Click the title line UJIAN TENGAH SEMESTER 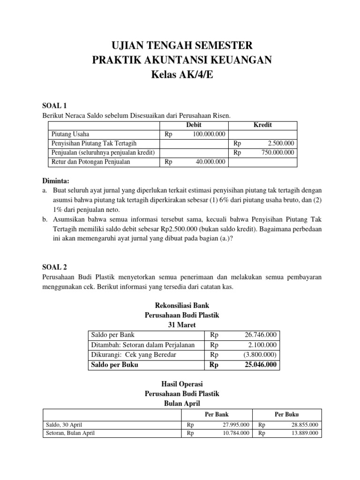tap(180, 45)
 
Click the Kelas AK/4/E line tap(180, 75)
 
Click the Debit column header tap(194, 125)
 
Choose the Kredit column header tap(262, 125)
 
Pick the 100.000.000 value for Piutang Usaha tap(209, 134)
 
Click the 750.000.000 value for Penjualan tap(277, 152)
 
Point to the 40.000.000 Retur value tap(210, 162)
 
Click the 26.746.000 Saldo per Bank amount tap(260, 335)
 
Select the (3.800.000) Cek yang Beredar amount tap(260, 355)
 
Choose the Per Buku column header tap(286, 414)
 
